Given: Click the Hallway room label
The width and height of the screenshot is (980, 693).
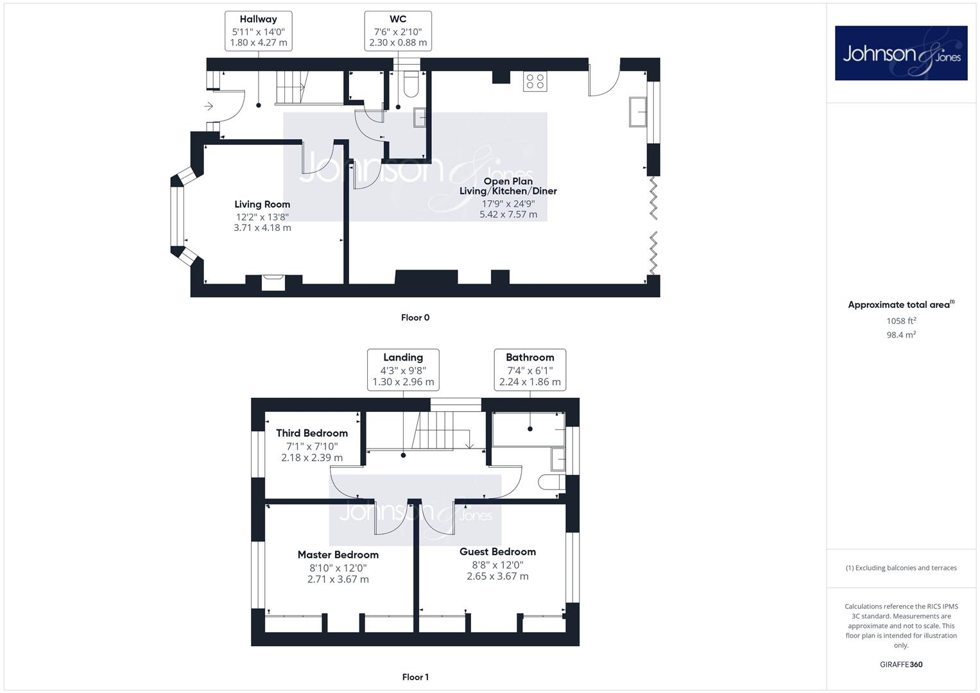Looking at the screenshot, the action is [x=258, y=19].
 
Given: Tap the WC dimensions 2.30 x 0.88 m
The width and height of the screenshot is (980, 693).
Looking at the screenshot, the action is [x=398, y=42].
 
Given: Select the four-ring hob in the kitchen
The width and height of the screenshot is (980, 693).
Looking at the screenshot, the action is [x=535, y=81].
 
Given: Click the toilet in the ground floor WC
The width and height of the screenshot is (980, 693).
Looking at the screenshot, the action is [x=411, y=85].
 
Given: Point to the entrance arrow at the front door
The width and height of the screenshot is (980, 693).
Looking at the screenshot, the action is [x=208, y=106].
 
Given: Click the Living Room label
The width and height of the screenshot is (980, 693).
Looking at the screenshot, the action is [x=262, y=204].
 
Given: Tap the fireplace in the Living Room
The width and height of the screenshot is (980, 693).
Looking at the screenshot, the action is [x=273, y=282].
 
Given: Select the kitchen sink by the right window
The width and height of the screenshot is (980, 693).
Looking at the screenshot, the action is [x=638, y=112].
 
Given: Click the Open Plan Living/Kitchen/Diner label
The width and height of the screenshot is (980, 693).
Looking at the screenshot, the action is [x=508, y=186].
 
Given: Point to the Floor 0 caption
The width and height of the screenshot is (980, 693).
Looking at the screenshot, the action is [x=415, y=318].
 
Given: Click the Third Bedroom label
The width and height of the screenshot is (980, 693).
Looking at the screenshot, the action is [x=312, y=433].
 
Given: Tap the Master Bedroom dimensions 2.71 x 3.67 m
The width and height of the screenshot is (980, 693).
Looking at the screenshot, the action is [x=338, y=579].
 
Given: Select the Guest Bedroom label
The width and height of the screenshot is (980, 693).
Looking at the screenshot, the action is [x=497, y=552].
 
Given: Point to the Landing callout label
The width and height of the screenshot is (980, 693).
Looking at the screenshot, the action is [x=403, y=357].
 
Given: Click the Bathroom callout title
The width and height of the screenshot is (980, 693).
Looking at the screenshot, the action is [x=530, y=357].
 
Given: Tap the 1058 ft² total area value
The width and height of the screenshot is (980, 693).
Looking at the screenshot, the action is [x=901, y=321].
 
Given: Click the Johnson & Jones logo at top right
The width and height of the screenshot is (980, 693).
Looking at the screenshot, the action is [x=901, y=53].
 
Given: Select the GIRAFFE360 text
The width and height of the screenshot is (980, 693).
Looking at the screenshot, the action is [x=901, y=665].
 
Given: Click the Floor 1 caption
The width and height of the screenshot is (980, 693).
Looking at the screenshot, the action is [x=415, y=677].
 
